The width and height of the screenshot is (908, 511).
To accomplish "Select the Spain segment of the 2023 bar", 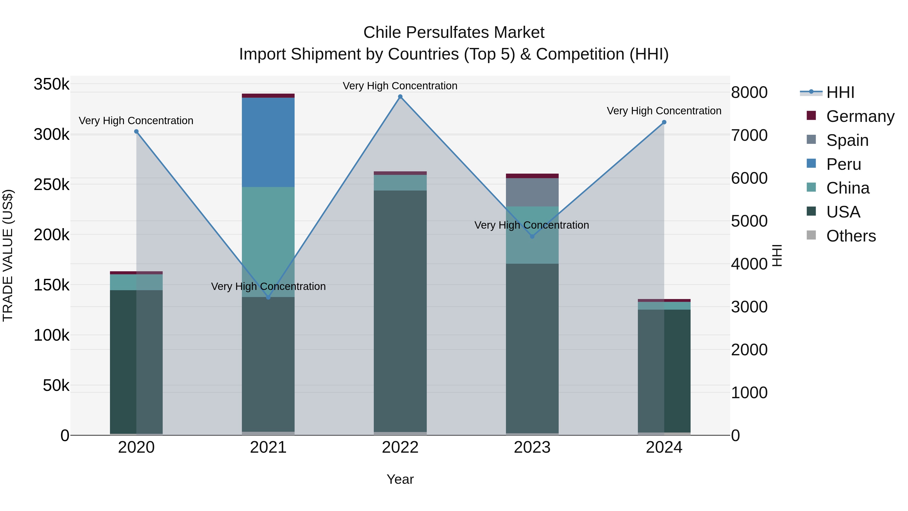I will click(532, 192).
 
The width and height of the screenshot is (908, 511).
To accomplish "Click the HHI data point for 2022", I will click(400, 97).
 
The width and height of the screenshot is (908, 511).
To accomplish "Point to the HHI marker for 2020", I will click(136, 131).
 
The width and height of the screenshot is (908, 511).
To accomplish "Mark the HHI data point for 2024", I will click(664, 122).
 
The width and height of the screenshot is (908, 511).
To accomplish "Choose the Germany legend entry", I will click(860, 116).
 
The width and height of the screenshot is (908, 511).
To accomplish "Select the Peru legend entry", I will click(843, 164).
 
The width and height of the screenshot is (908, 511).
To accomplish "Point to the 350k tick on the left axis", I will click(51, 84).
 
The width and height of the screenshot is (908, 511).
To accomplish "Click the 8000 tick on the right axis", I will click(749, 92).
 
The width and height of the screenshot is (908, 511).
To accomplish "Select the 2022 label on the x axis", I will click(400, 447).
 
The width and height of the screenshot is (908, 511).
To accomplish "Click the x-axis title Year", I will click(400, 479).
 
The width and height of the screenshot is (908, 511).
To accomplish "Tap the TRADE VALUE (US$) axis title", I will click(8, 255).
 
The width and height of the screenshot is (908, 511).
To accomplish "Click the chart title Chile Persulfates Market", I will click(454, 33).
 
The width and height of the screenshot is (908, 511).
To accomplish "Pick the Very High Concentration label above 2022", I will click(400, 86).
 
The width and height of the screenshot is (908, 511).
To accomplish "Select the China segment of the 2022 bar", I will click(400, 183).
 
